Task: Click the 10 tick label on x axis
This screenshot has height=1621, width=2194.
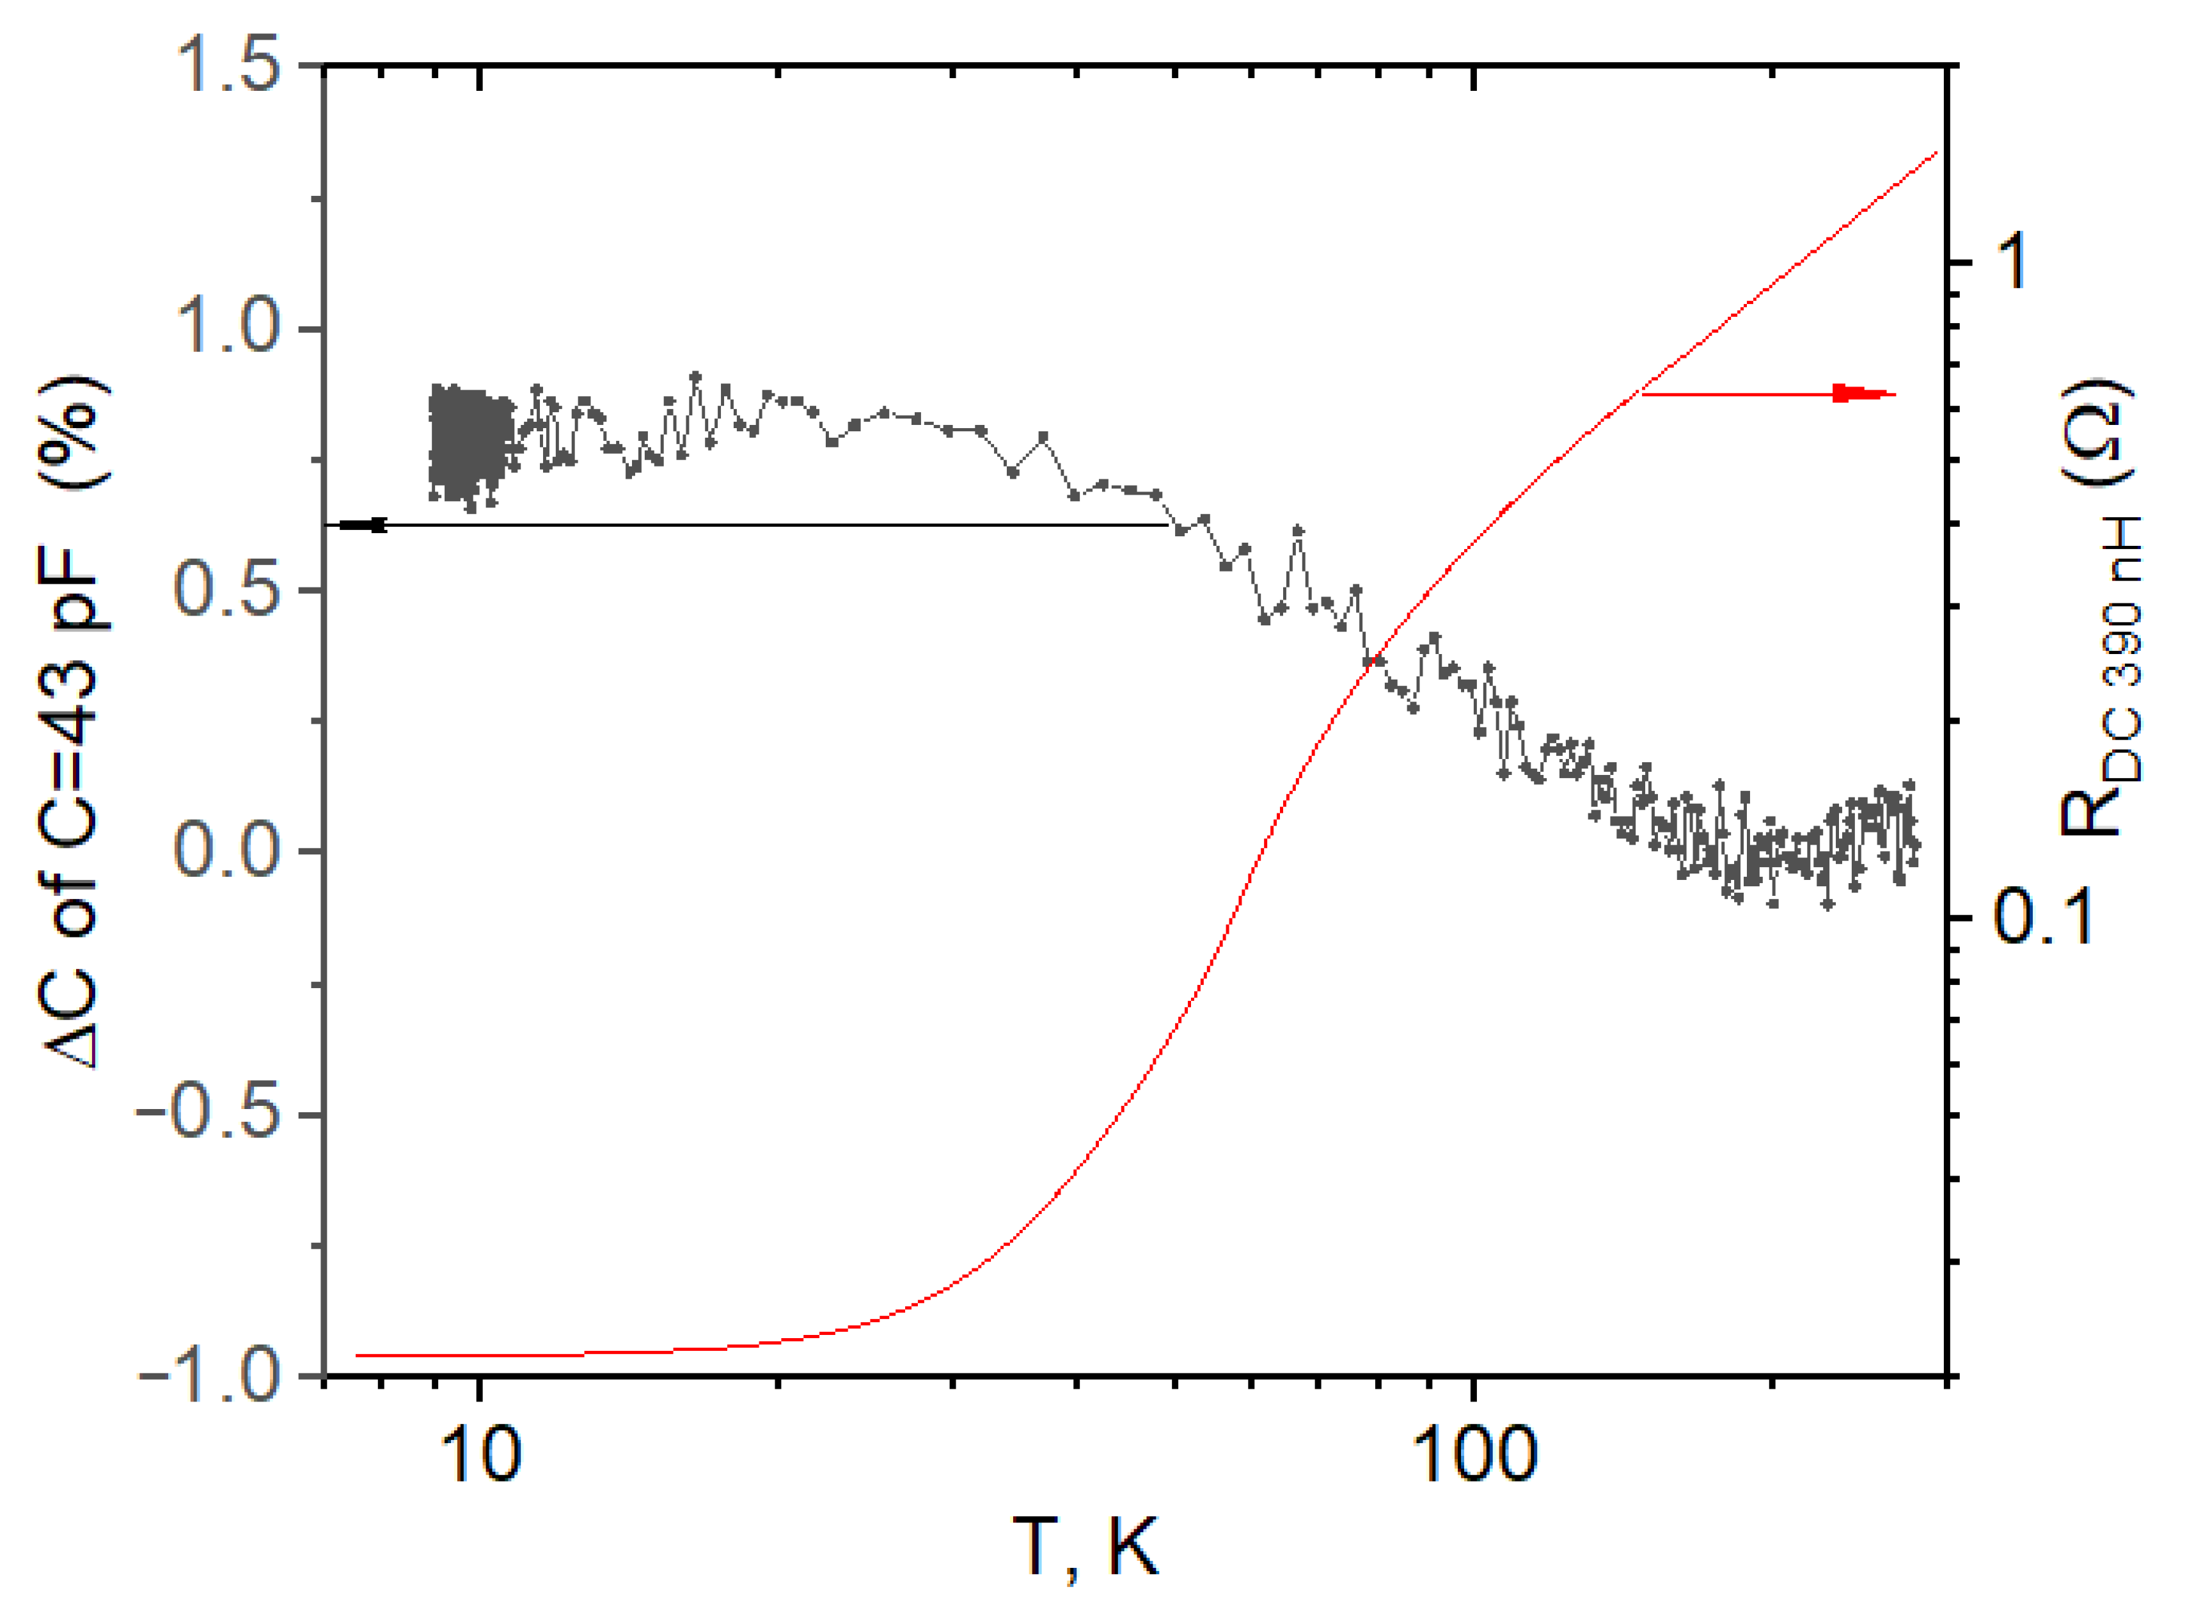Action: [x=480, y=1455]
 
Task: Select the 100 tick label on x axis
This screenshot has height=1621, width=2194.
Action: [x=1473, y=1455]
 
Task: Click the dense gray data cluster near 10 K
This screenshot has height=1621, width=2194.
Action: [x=471, y=445]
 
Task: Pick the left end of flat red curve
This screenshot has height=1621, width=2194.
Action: [x=359, y=1355]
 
